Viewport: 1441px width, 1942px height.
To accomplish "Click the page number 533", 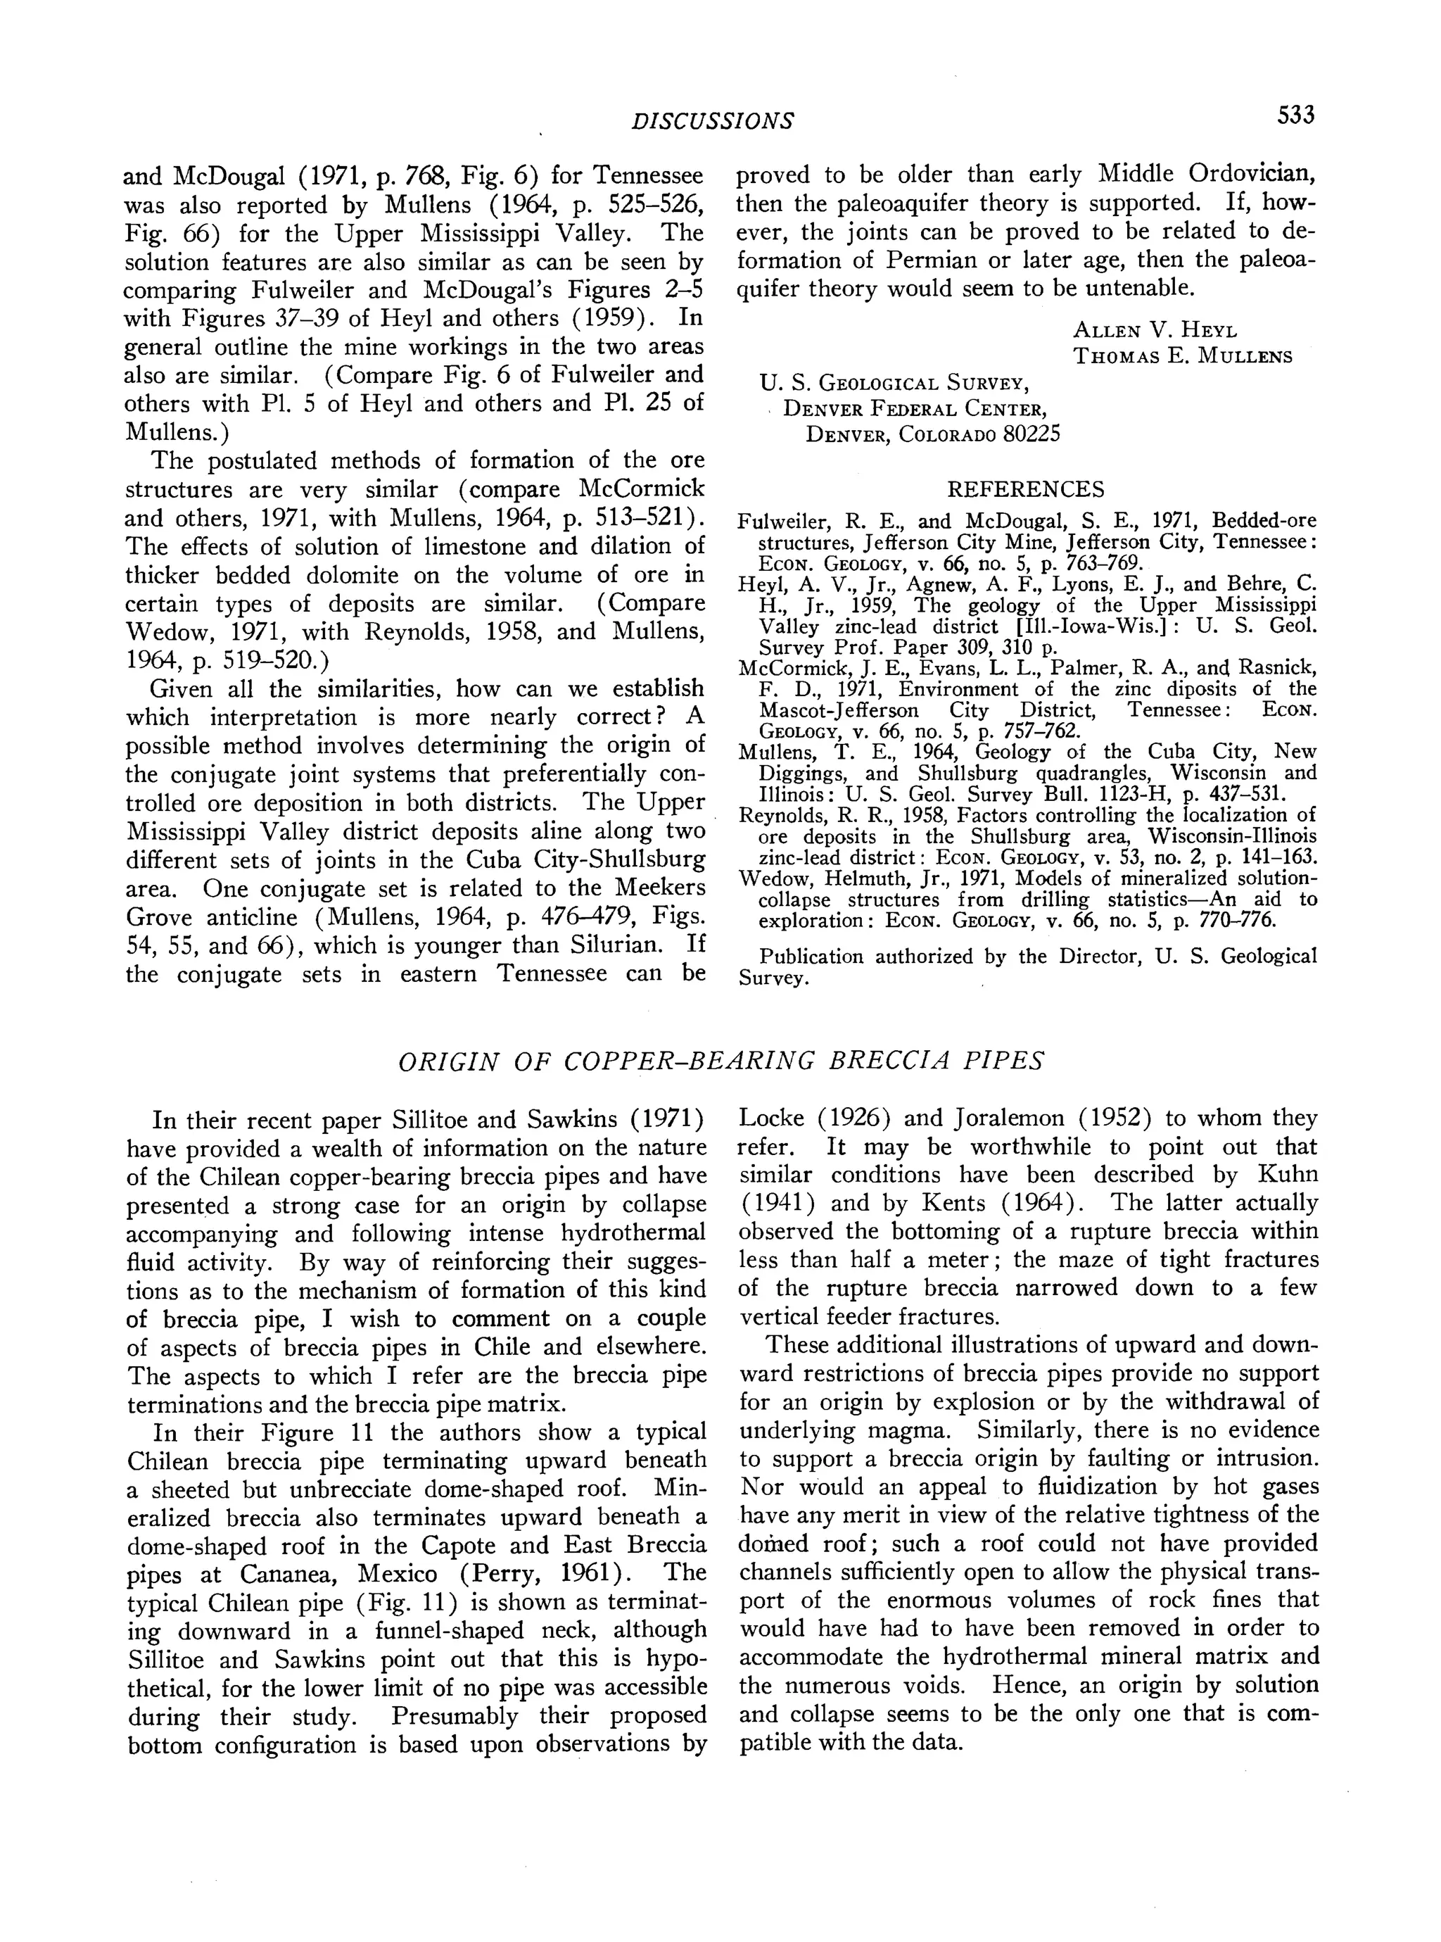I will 1295,116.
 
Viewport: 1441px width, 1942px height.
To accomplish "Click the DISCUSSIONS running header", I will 713,121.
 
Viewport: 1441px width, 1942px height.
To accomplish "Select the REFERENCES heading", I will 1026,488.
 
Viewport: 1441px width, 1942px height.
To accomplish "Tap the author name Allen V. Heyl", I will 1155,330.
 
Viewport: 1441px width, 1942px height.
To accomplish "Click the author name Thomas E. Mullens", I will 1183,356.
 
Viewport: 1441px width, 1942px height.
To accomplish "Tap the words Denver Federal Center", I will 915,408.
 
